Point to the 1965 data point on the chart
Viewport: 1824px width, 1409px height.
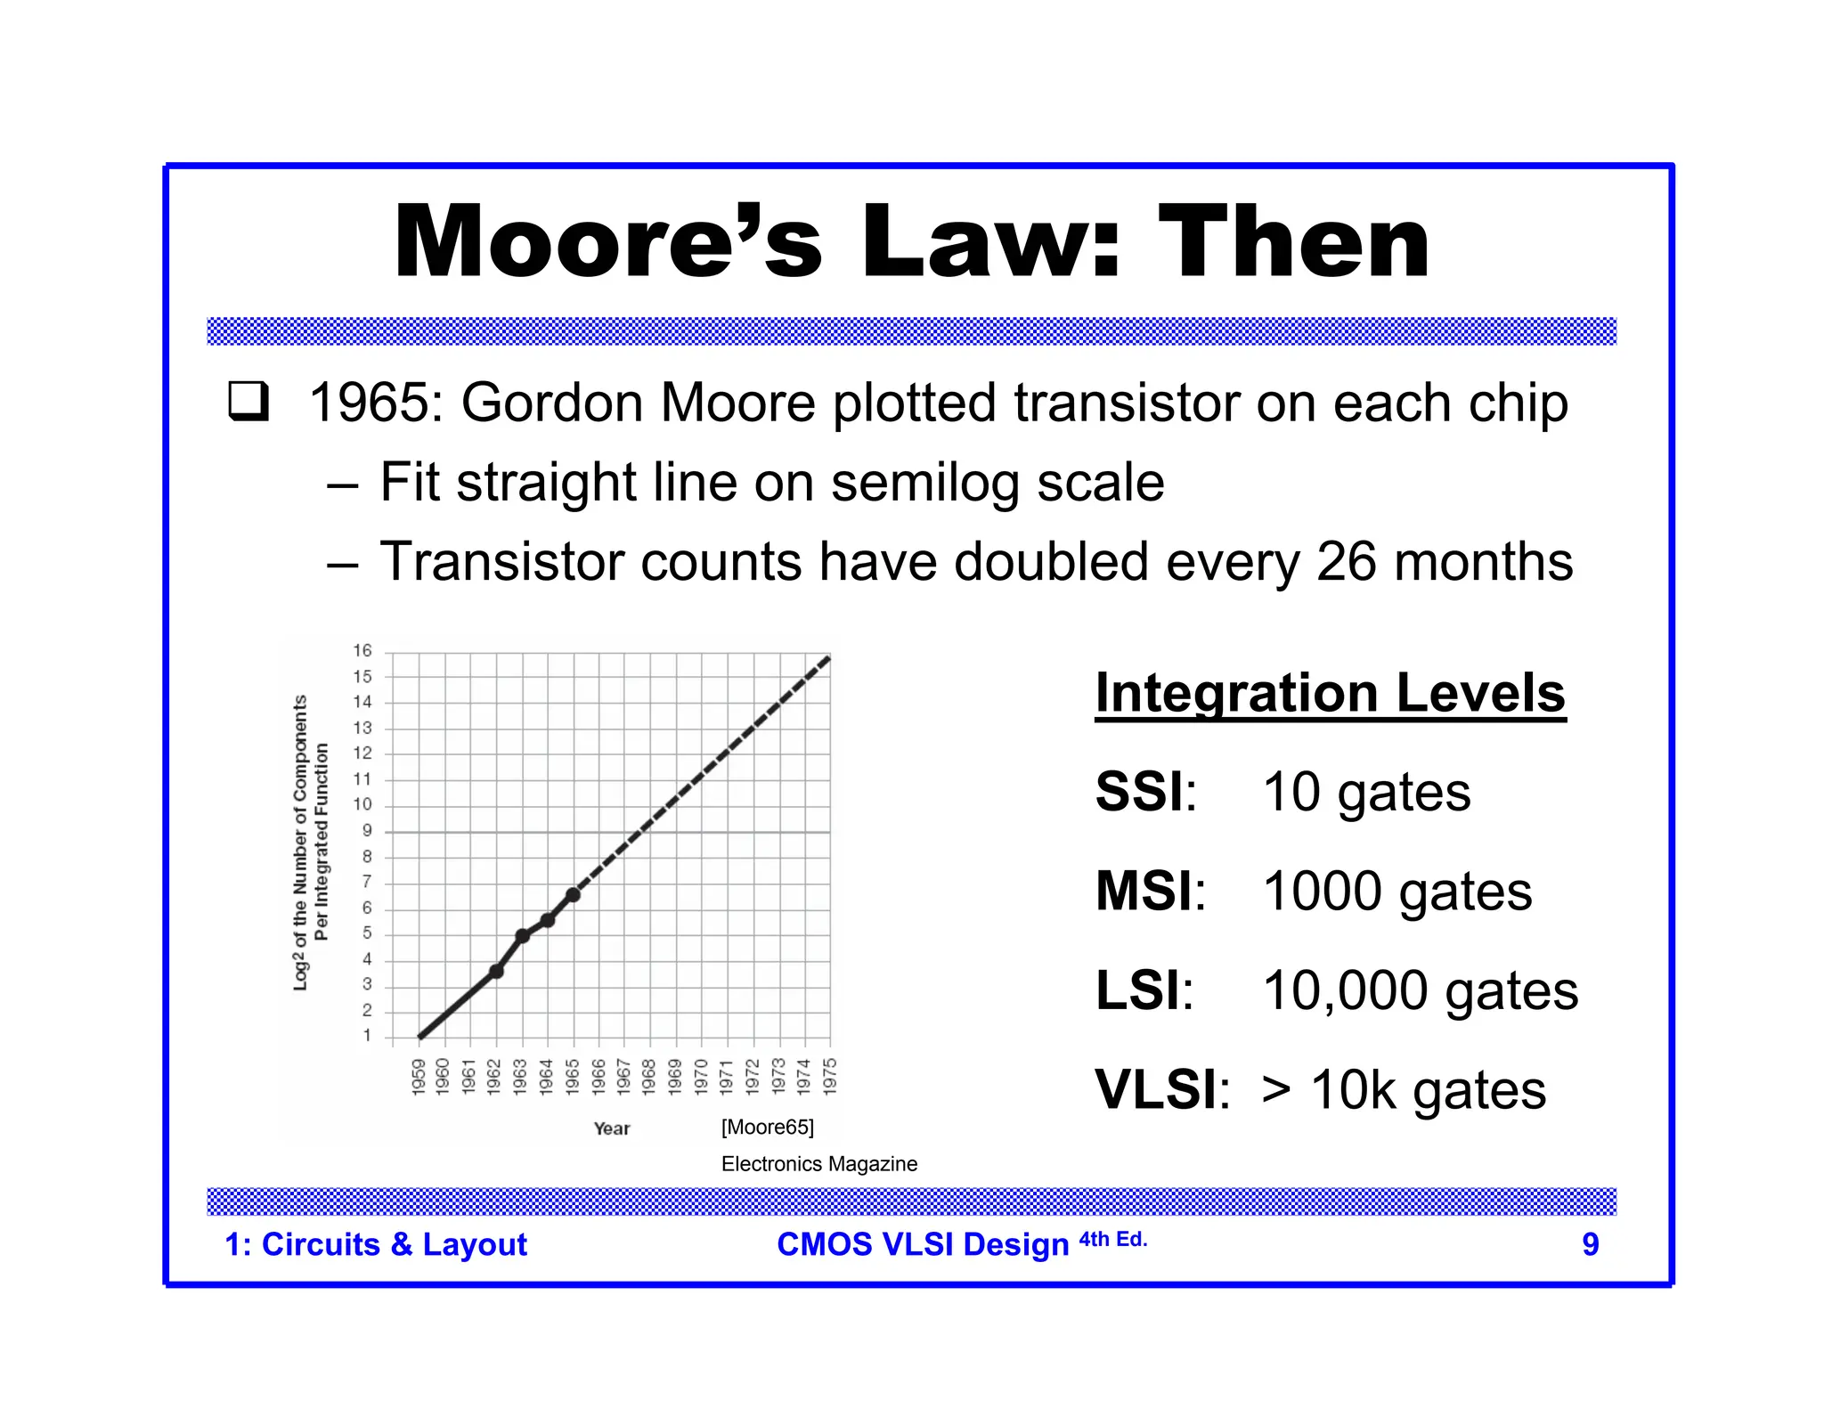pos(574,894)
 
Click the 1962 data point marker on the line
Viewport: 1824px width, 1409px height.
pos(497,971)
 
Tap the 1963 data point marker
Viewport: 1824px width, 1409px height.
pos(523,935)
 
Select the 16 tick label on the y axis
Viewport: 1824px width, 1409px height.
pos(362,651)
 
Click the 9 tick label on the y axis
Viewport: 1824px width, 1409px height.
pos(367,831)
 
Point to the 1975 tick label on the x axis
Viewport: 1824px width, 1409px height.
pos(830,1076)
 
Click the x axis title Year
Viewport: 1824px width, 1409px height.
pos(612,1128)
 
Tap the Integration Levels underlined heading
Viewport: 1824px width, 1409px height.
pos(1330,693)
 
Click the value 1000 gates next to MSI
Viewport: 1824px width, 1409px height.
pos(1396,892)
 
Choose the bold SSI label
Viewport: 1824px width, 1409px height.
pos(1139,792)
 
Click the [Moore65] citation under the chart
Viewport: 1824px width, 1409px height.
pos(767,1128)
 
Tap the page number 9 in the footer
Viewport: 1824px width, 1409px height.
pos(1590,1244)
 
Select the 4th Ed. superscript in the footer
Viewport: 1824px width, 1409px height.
pos(1113,1239)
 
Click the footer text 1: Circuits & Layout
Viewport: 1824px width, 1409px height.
pos(376,1244)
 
